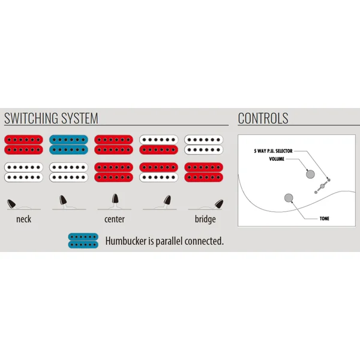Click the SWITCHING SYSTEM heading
point(51,118)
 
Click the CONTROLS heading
point(263,118)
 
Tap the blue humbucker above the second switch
point(68,145)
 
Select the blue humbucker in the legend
point(83,241)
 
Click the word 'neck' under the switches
point(23,219)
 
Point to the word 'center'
point(115,219)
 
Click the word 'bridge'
point(205,219)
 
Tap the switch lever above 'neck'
point(11,203)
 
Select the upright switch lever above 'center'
point(115,199)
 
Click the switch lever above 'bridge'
point(219,203)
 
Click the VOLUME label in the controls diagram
point(277,159)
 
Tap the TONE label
point(325,218)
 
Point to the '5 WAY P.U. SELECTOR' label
point(273,151)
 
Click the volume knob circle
point(310,174)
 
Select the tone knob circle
point(289,198)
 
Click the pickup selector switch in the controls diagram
point(322,186)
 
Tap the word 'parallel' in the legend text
point(169,241)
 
